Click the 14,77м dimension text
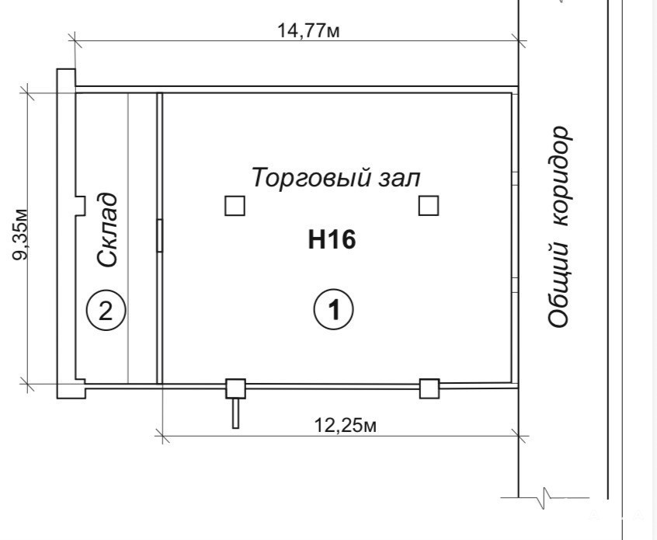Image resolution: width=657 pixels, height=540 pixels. point(308,31)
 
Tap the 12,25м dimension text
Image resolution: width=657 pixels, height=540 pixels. point(346,426)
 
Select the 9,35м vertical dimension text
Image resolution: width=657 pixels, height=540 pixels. point(19,234)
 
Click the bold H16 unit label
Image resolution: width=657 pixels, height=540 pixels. point(332,240)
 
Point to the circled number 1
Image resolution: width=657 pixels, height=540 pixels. point(334,309)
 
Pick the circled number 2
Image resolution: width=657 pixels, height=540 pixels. point(106,311)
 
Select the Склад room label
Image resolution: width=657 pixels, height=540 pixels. point(106,230)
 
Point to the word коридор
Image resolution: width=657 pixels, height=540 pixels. point(559,176)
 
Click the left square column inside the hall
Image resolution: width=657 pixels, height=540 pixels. point(235,206)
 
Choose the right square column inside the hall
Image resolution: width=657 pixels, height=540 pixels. point(429,205)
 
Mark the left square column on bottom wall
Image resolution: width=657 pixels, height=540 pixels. point(236,388)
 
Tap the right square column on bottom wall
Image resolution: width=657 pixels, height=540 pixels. point(429,388)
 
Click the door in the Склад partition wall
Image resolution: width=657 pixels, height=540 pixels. point(159,235)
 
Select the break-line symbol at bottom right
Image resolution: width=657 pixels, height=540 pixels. point(544,498)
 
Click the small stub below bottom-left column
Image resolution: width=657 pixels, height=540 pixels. point(235,413)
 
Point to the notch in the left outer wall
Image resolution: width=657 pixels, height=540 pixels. point(80,206)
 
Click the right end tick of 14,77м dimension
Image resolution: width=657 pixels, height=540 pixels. point(519,40)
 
